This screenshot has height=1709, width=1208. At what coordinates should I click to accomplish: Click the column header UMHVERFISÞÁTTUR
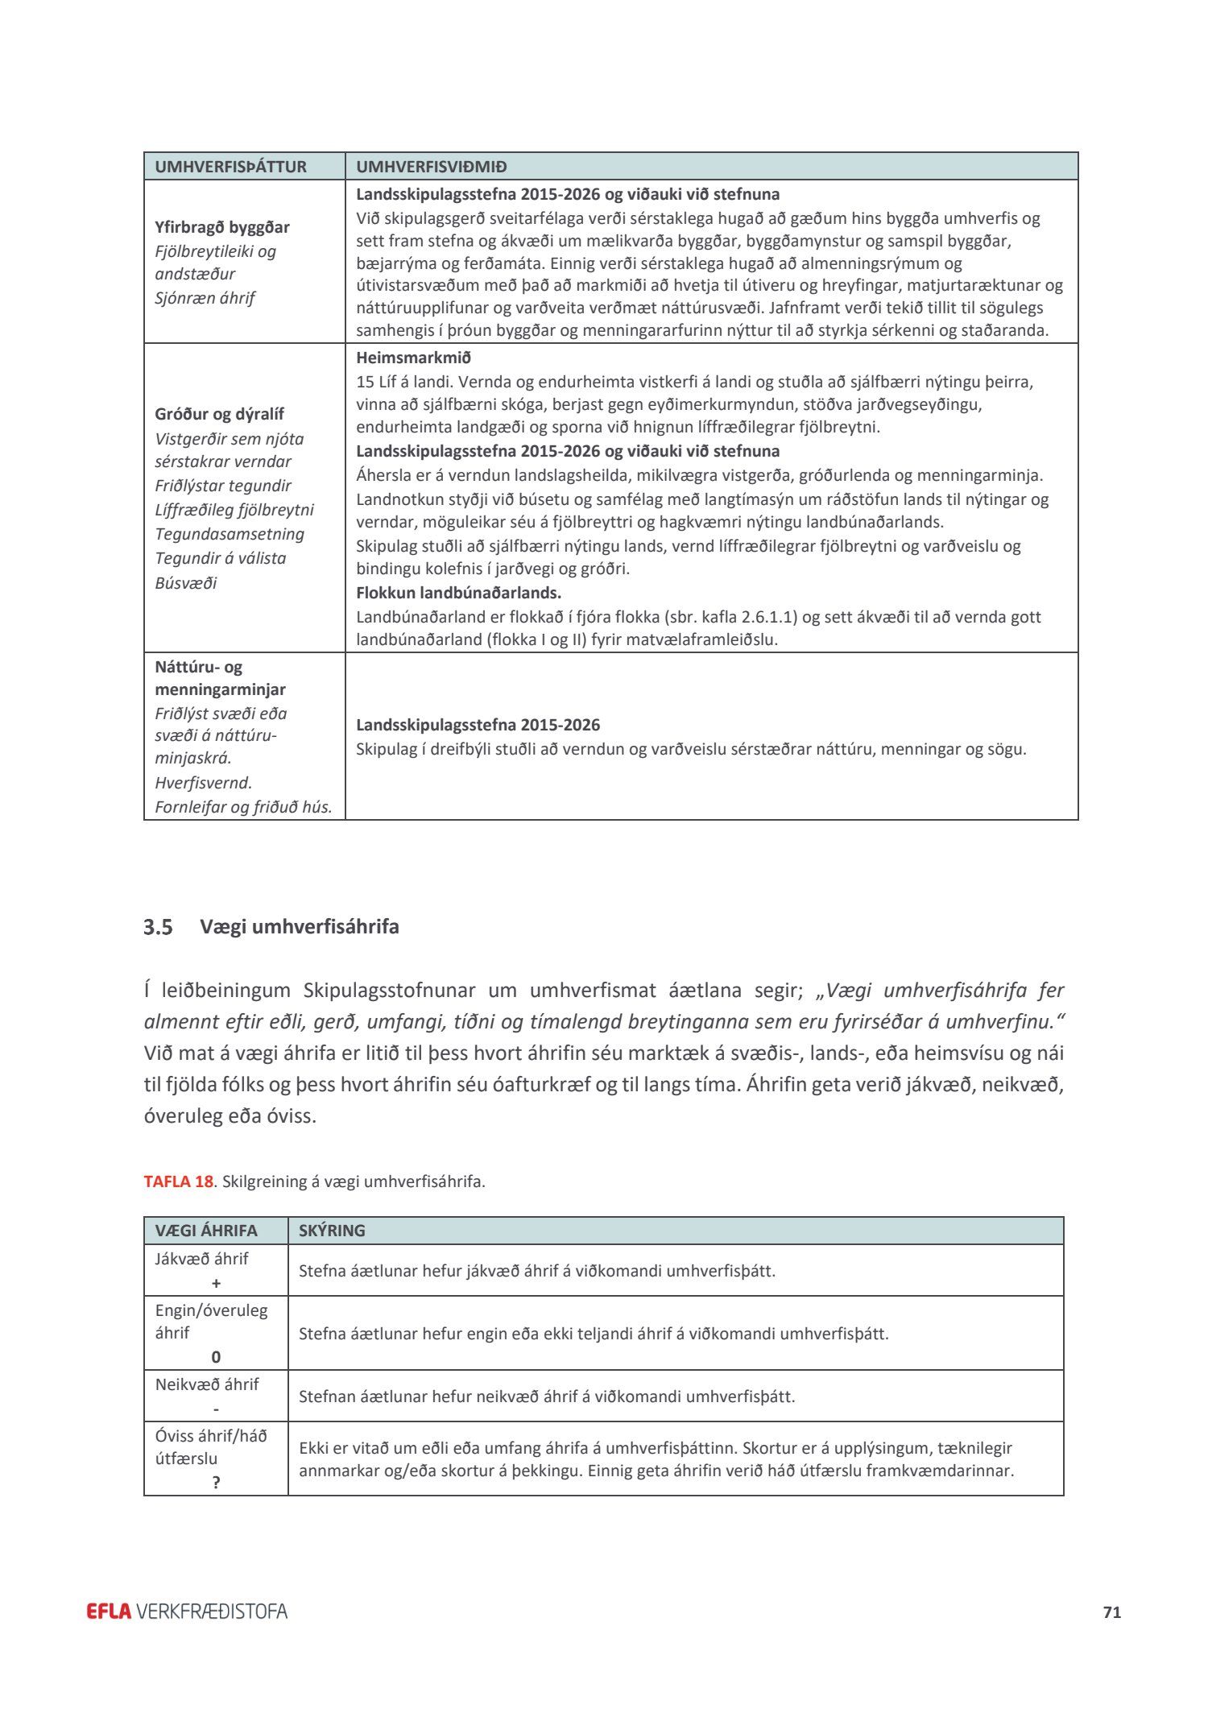(x=230, y=167)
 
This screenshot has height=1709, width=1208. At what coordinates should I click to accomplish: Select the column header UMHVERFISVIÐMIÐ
(x=432, y=167)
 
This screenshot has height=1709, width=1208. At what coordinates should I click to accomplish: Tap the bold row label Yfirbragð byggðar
(x=222, y=227)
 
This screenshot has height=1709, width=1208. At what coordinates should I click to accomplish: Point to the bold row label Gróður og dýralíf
(x=219, y=414)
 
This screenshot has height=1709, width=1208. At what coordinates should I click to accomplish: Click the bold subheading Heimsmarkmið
(x=413, y=358)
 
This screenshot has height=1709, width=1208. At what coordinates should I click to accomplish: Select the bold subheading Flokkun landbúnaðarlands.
(x=458, y=593)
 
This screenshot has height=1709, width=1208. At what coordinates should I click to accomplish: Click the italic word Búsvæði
(x=186, y=582)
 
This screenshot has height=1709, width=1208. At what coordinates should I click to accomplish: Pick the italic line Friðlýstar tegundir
(x=223, y=486)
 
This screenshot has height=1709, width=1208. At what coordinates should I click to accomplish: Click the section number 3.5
(x=158, y=928)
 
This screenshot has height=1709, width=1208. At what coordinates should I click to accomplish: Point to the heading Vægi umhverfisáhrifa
(x=300, y=927)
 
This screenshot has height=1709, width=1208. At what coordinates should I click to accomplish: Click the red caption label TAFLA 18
(x=178, y=1181)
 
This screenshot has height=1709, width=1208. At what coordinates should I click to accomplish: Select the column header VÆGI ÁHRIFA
(x=206, y=1231)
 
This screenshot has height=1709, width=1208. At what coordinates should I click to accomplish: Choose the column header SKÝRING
(x=332, y=1231)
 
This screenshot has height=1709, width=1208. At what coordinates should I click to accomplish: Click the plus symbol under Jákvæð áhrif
(x=216, y=1283)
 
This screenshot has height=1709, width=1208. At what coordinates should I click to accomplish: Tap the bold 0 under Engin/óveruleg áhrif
(x=216, y=1357)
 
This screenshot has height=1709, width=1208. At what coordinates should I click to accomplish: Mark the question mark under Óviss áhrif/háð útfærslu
(x=216, y=1483)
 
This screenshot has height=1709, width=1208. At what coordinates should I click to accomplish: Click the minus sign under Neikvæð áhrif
(x=216, y=1409)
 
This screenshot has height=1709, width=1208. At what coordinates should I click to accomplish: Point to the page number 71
(x=1112, y=1612)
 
